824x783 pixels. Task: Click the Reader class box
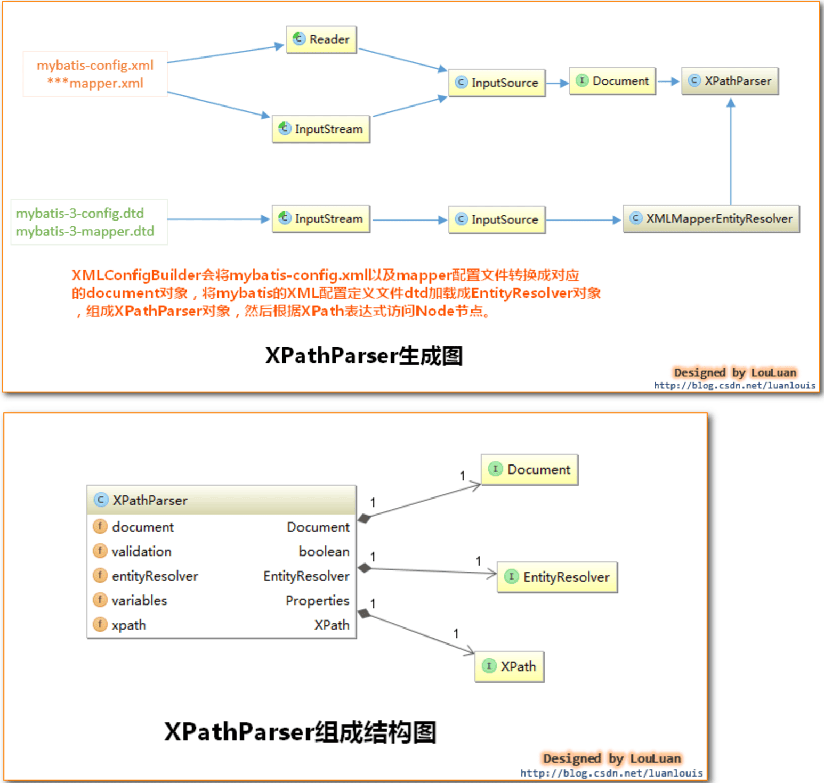pyautogui.click(x=321, y=39)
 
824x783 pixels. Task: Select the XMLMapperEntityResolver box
pyautogui.click(x=711, y=219)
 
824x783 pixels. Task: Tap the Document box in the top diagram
pyautogui.click(x=612, y=81)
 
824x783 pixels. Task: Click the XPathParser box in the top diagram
pyautogui.click(x=730, y=81)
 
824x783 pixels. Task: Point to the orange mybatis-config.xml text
pyautogui.click(x=95, y=65)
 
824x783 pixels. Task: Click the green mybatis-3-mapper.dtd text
pyautogui.click(x=85, y=231)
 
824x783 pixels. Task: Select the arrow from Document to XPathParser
pyautogui.click(x=668, y=81)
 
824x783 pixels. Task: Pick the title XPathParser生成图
pyautogui.click(x=363, y=355)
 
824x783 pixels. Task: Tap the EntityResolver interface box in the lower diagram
pyautogui.click(x=558, y=577)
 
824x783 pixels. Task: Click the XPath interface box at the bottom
pyautogui.click(x=510, y=666)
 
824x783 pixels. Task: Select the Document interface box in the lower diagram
pyautogui.click(x=530, y=469)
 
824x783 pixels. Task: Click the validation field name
pyautogui.click(x=141, y=551)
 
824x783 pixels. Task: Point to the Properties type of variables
pyautogui.click(x=317, y=600)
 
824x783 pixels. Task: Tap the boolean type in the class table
pyautogui.click(x=324, y=551)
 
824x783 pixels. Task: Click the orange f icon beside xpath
pyautogui.click(x=100, y=624)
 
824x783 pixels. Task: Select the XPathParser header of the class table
pyautogui.click(x=221, y=500)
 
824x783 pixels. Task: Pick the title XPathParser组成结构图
pyautogui.click(x=300, y=732)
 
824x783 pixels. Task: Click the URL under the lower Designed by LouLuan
pyautogui.click(x=611, y=773)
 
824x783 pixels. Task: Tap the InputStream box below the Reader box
pyautogui.click(x=321, y=129)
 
